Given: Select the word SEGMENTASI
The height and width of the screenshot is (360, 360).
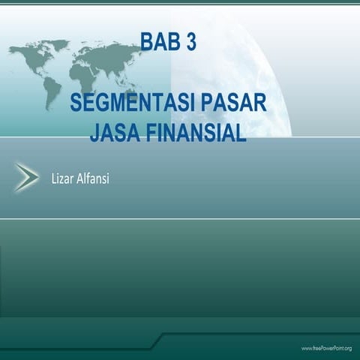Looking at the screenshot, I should coord(127,103).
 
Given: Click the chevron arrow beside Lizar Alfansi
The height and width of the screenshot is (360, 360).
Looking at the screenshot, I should coord(27,178).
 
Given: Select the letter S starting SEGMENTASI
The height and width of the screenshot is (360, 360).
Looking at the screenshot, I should coord(76,103).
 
